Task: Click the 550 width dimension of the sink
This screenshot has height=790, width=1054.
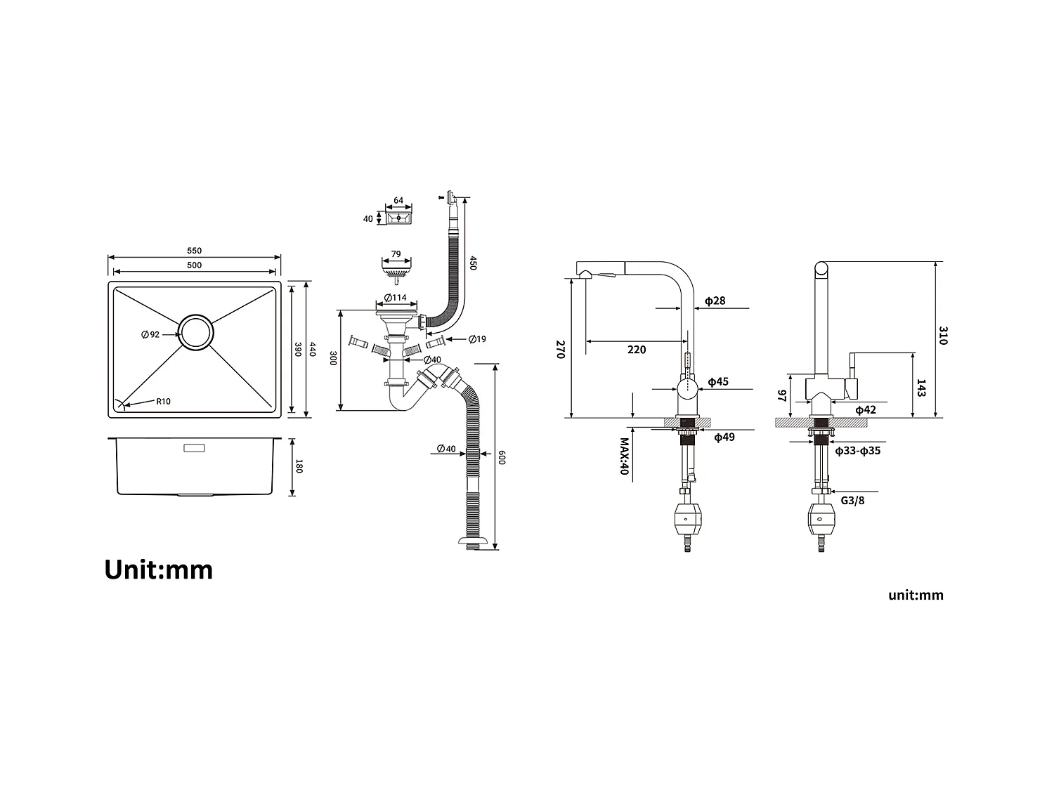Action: (x=194, y=251)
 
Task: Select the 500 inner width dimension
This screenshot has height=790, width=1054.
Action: (x=194, y=265)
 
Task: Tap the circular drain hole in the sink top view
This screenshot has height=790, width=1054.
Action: (x=195, y=332)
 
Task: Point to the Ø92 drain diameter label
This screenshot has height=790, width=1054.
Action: (x=150, y=334)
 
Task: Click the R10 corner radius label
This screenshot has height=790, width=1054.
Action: (x=163, y=402)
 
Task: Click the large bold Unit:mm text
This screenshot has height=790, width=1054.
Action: (x=159, y=570)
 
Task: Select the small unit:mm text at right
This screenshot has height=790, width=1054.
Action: (x=916, y=595)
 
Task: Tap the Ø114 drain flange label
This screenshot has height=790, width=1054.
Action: (x=395, y=298)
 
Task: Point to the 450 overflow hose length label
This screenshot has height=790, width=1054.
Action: (x=473, y=263)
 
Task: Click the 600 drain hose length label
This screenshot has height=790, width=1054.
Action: (x=502, y=457)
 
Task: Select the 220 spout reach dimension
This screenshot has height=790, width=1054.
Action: (x=636, y=350)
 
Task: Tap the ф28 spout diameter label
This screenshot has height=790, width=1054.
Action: (x=715, y=301)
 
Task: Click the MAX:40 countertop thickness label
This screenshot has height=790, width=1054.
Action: (x=623, y=456)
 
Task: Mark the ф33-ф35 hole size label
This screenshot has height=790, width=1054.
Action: (x=857, y=451)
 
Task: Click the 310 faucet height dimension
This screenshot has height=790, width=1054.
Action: (x=942, y=336)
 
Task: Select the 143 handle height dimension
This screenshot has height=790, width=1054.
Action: (x=921, y=388)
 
